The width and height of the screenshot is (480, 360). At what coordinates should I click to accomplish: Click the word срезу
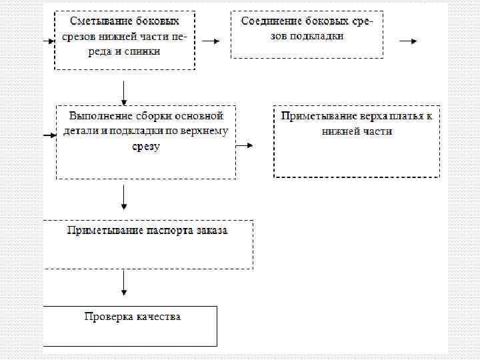coord(146,147)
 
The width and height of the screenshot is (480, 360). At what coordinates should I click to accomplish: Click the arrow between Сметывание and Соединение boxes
coord(211,41)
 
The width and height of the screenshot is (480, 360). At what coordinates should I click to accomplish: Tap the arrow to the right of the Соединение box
coord(408,41)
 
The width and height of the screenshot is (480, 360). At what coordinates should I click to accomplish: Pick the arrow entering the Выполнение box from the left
coord(49,135)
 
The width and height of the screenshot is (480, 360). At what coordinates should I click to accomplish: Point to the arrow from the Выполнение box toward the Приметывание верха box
coord(245,146)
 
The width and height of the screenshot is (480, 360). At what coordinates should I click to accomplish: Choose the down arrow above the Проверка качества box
coord(124,282)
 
